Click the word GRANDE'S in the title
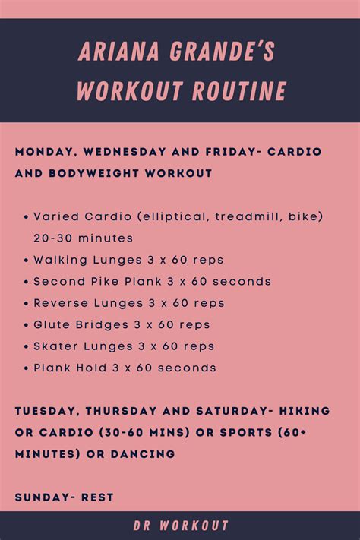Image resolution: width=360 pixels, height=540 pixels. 223,52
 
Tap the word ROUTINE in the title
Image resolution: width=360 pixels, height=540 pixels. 239,91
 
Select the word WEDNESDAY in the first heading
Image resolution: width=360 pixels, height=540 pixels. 125,152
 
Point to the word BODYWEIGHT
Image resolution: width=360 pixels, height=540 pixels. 94,173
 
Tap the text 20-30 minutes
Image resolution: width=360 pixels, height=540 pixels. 83,238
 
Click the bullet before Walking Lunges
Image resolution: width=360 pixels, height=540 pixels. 26,261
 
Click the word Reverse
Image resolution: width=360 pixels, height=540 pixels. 61,303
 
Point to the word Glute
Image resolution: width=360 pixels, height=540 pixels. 52,325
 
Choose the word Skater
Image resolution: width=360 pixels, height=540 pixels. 55,346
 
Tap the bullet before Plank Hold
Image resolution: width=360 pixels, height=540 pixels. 26,368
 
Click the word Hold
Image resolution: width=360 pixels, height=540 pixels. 91,368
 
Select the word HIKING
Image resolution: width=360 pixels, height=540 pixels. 305,411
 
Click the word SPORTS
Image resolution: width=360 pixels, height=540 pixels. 246,433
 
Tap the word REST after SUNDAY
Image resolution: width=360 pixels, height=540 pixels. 97,497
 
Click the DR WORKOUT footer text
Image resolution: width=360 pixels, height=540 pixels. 181,526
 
